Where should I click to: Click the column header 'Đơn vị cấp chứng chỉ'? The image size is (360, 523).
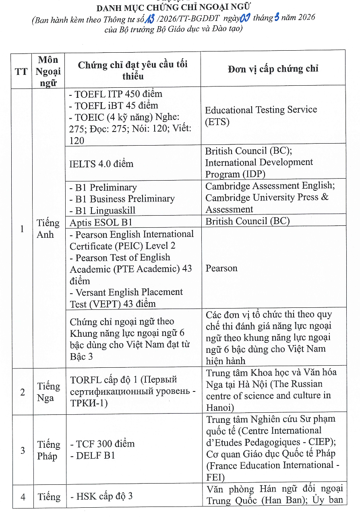click(x=273, y=69)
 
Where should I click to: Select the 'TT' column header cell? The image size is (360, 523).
click(x=21, y=71)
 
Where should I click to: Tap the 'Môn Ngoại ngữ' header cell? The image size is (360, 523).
click(x=48, y=71)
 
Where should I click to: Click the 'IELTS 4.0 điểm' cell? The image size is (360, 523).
click(x=101, y=164)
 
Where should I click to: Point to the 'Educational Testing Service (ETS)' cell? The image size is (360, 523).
click(x=261, y=115)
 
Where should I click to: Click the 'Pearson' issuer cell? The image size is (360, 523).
click(x=221, y=268)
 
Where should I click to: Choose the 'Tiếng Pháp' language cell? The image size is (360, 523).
click(x=48, y=450)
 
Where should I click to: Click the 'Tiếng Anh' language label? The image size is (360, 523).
click(x=48, y=229)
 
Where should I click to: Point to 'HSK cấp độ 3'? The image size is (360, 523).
click(x=104, y=496)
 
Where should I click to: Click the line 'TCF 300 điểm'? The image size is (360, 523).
click(x=105, y=444)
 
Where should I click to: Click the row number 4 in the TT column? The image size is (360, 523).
click(x=23, y=497)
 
